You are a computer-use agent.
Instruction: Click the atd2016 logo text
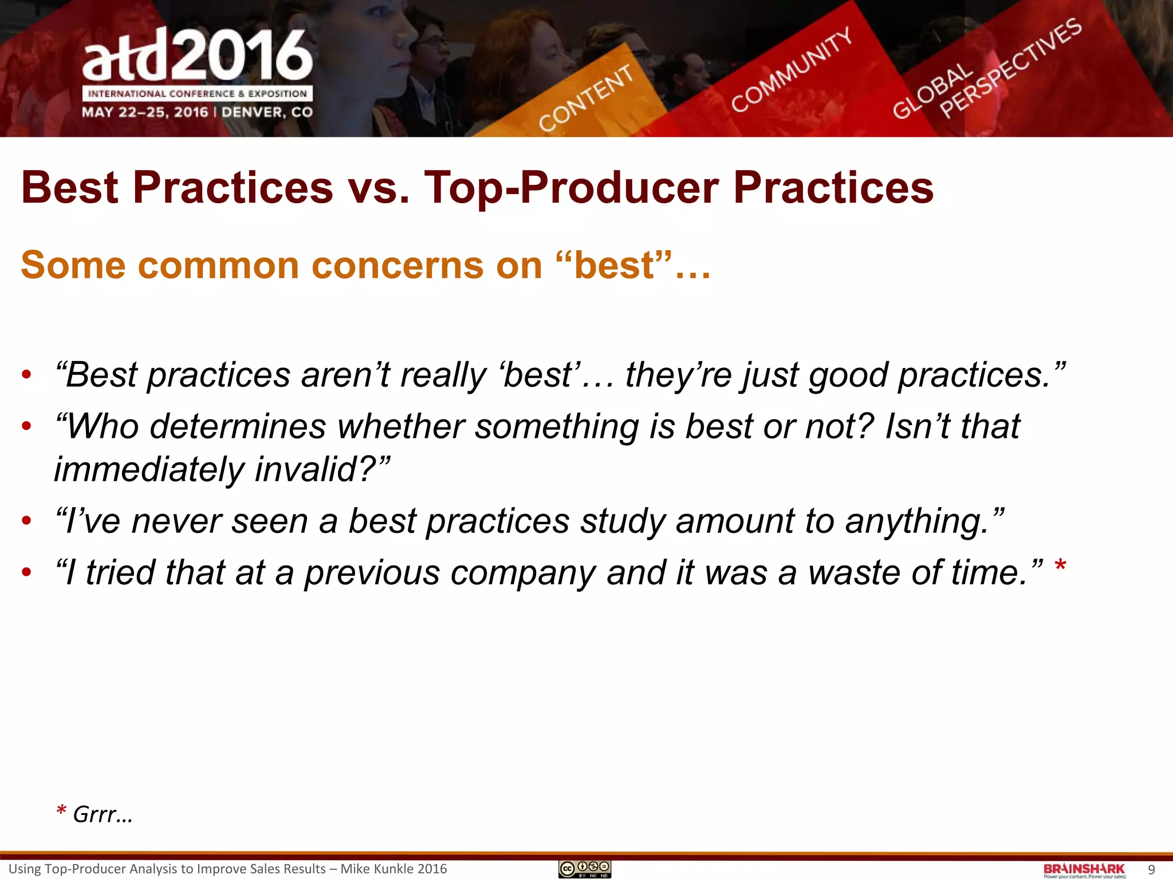tap(198, 56)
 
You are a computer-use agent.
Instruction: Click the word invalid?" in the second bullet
tap(322, 470)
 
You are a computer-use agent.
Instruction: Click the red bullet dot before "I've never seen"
tap(26, 521)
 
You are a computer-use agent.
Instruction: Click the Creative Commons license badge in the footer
tap(585, 869)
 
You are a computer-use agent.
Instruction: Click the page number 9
tap(1151, 870)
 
